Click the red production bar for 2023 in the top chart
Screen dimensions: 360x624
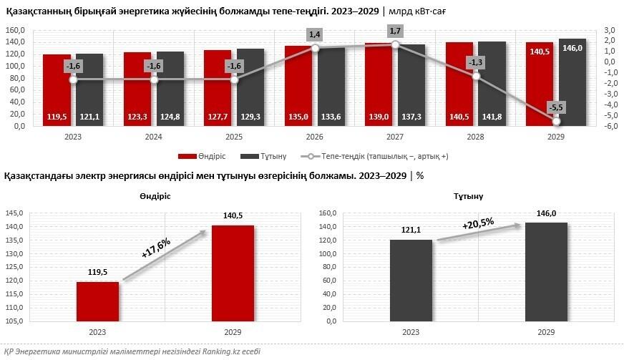point(57,89)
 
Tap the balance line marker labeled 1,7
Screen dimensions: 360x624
point(395,44)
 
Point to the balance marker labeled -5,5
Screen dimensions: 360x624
point(556,121)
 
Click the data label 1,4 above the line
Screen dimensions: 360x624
point(314,34)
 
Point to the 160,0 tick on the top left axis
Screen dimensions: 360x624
point(16,30)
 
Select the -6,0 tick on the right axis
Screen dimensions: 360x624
point(609,127)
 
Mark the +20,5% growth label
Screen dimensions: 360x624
point(478,225)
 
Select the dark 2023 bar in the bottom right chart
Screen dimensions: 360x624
point(411,281)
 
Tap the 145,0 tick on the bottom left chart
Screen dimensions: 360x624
point(16,213)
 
